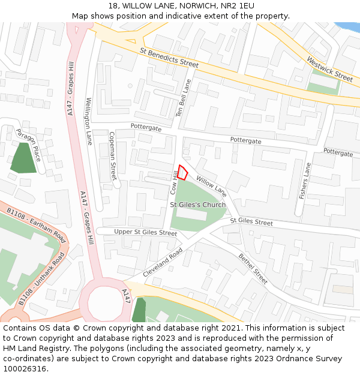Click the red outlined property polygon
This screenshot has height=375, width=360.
183,172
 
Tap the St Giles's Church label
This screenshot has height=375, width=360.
198,205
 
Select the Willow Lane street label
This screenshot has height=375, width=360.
211,186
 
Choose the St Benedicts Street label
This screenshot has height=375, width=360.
169,58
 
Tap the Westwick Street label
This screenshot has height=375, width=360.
329,69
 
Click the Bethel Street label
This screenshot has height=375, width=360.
253,268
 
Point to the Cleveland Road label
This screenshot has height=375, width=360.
162,263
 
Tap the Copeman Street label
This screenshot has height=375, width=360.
112,156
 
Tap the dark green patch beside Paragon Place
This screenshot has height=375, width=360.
23,158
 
